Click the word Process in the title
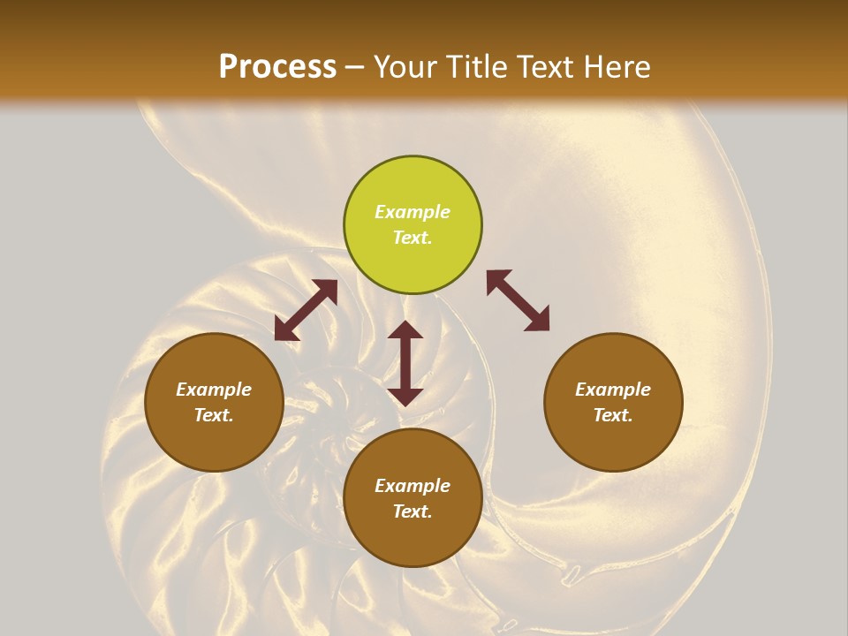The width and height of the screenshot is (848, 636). tap(277, 67)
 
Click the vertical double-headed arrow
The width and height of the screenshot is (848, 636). tap(405, 363)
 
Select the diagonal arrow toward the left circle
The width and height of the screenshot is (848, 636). tap(306, 310)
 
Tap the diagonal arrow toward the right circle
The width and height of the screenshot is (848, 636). tap(518, 300)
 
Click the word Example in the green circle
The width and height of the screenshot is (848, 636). tap(413, 212)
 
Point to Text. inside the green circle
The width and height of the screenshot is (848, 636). tap(413, 238)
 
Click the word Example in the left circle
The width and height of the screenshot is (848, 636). tap(214, 390)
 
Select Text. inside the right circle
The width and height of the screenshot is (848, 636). tap(613, 415)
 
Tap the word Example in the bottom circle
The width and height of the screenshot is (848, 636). tap(413, 486)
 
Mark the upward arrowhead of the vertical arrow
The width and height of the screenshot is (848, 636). tap(405, 331)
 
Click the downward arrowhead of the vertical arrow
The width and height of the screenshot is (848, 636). tap(405, 395)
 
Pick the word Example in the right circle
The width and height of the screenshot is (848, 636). tap(613, 390)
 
